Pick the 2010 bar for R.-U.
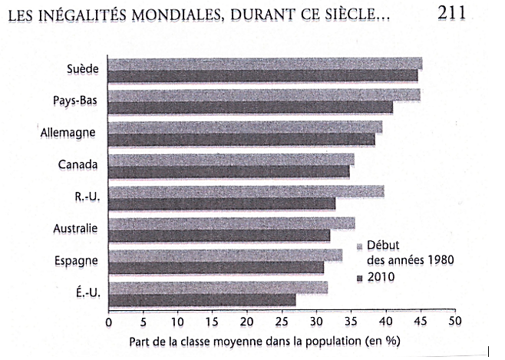(x=222, y=203)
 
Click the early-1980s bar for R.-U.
(x=246, y=191)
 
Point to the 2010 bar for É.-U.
(x=202, y=299)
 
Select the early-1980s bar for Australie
(x=231, y=223)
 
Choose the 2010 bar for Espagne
(x=216, y=267)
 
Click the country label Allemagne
(x=68, y=132)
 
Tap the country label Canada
(x=78, y=163)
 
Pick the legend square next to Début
(x=359, y=246)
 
